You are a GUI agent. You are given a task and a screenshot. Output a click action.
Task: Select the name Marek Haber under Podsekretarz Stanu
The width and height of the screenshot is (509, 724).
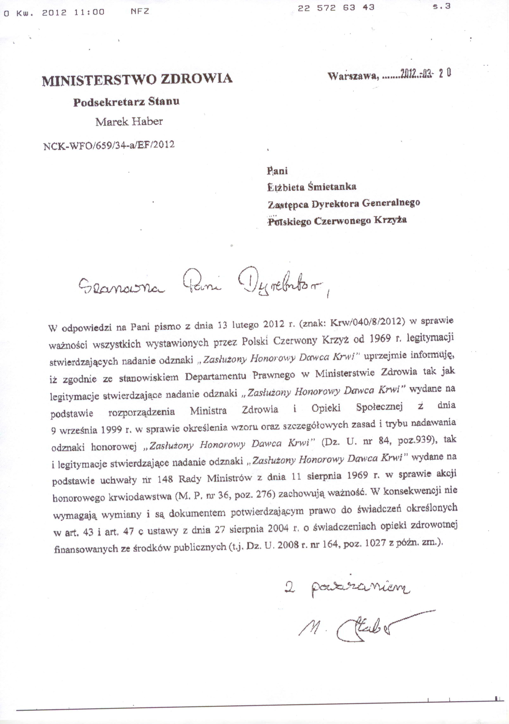coord(129,122)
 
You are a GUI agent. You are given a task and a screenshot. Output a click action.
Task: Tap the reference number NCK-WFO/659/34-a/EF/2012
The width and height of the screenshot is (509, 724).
coord(109,145)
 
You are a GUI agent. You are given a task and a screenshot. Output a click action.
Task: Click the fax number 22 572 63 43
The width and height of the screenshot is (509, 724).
coord(336,8)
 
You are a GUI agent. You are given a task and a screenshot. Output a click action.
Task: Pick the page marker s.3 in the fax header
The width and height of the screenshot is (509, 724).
coord(441,7)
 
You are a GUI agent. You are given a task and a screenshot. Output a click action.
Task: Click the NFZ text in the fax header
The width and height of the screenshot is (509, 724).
coord(140,12)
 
